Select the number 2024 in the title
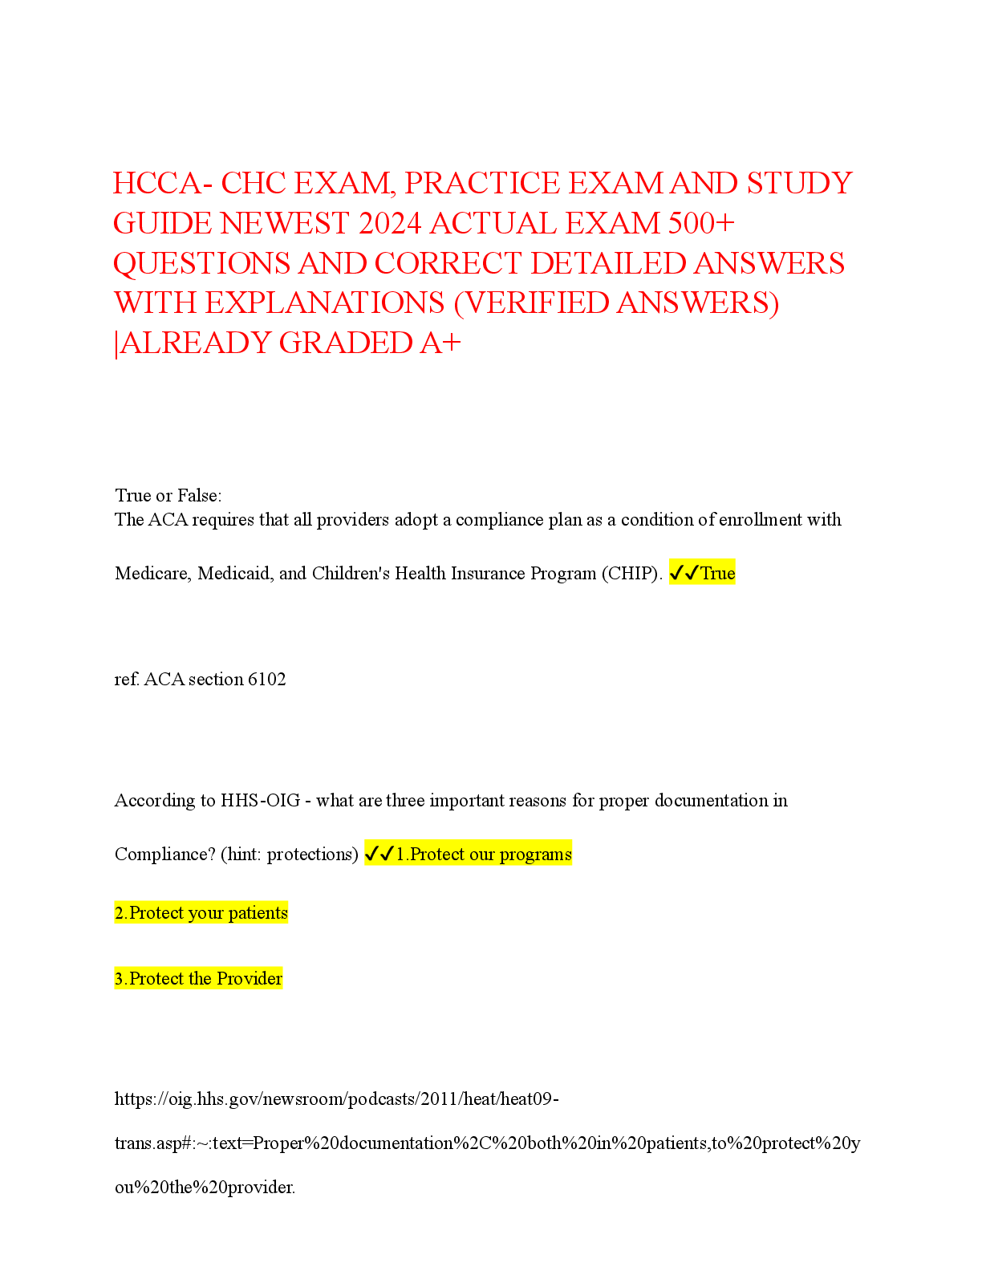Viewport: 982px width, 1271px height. pyautogui.click(x=389, y=224)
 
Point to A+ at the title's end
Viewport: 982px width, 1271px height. pyautogui.click(x=440, y=343)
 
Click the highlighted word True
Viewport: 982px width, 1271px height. pyautogui.click(x=717, y=574)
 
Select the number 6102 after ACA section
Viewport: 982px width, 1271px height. pyautogui.click(x=267, y=680)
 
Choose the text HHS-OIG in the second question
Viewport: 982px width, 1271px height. pyautogui.click(x=260, y=801)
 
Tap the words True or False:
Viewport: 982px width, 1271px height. pyautogui.click(x=168, y=496)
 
